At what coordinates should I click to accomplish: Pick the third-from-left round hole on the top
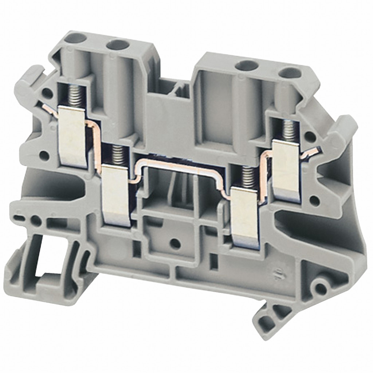[247, 66]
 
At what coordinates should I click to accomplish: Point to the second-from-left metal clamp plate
[116, 195]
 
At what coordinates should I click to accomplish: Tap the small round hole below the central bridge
[176, 243]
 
